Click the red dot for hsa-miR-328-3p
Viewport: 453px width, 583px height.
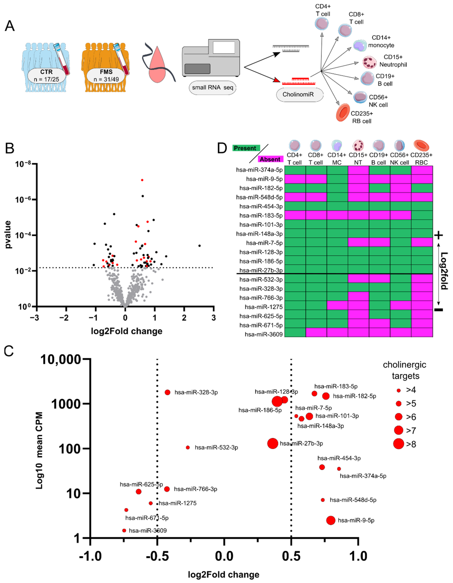[x=167, y=392]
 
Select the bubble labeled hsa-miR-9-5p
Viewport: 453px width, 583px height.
[x=331, y=520]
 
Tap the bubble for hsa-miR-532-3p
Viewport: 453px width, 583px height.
[x=188, y=447]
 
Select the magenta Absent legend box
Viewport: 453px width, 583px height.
[x=270, y=159]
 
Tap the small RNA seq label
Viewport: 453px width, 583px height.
[x=212, y=88]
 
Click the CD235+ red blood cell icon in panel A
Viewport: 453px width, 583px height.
[x=343, y=112]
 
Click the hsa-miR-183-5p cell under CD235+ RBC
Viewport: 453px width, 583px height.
[x=422, y=215]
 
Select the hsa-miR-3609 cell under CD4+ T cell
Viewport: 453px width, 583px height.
[x=295, y=334]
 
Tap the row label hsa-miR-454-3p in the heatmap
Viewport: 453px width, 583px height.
[x=261, y=206]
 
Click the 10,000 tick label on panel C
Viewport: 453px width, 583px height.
[x=61, y=360]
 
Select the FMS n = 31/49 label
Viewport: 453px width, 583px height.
[x=106, y=75]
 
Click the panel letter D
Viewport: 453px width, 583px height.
[x=222, y=148]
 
